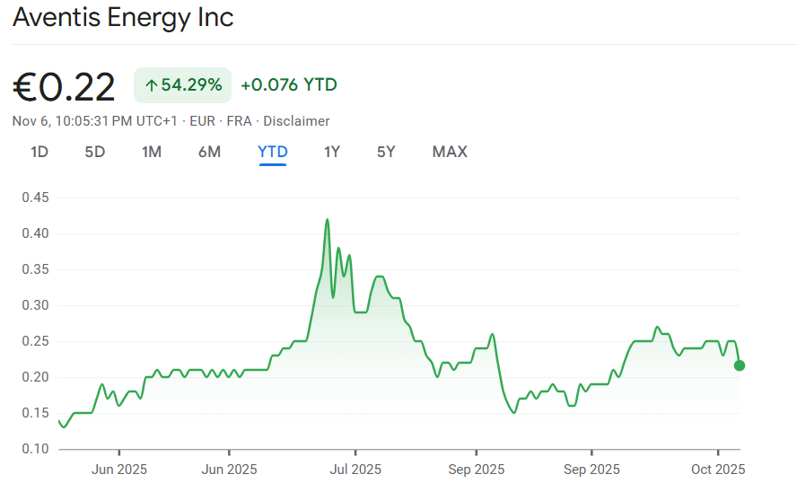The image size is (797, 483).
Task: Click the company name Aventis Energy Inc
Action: pyautogui.click(x=123, y=18)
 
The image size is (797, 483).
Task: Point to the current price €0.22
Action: pyautogui.click(x=64, y=87)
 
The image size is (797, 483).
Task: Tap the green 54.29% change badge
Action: pyautogui.click(x=183, y=85)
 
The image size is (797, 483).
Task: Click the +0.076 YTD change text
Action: pyautogui.click(x=289, y=85)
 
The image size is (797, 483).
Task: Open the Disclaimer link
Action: pyautogui.click(x=296, y=121)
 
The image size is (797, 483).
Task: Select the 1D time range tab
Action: pyautogui.click(x=39, y=152)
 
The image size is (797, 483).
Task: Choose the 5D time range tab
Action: pyautogui.click(x=95, y=152)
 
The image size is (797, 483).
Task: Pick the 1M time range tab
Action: pyautogui.click(x=152, y=152)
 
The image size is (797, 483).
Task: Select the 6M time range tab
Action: pyautogui.click(x=209, y=152)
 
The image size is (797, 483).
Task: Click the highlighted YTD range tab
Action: pyautogui.click(x=273, y=152)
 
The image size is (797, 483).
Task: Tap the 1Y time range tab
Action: pyautogui.click(x=332, y=152)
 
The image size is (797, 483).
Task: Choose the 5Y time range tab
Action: pyautogui.click(x=386, y=152)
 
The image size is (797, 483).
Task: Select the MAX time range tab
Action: pyautogui.click(x=450, y=152)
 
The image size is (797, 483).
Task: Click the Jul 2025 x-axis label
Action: pyautogui.click(x=355, y=470)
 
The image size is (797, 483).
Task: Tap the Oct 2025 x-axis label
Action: pyautogui.click(x=718, y=470)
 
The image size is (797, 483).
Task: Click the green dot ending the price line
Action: pyautogui.click(x=739, y=365)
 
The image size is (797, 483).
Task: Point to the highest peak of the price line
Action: pyautogui.click(x=327, y=219)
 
